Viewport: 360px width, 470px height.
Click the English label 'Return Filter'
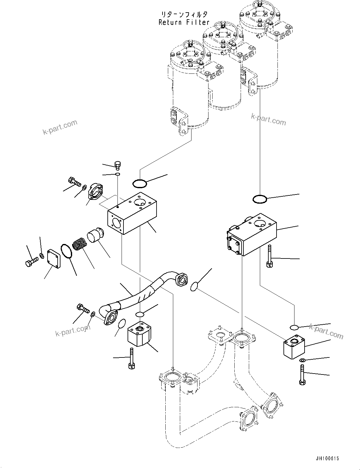pos(184,22)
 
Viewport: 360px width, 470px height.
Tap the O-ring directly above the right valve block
pos(260,199)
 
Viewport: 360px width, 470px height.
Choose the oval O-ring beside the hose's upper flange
pos(195,287)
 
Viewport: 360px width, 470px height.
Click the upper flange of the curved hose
pos(182,280)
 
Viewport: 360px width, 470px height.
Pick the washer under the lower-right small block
pos(301,360)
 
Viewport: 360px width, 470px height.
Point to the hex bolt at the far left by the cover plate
pos(31,261)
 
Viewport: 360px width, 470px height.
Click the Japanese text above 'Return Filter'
pos(184,14)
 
